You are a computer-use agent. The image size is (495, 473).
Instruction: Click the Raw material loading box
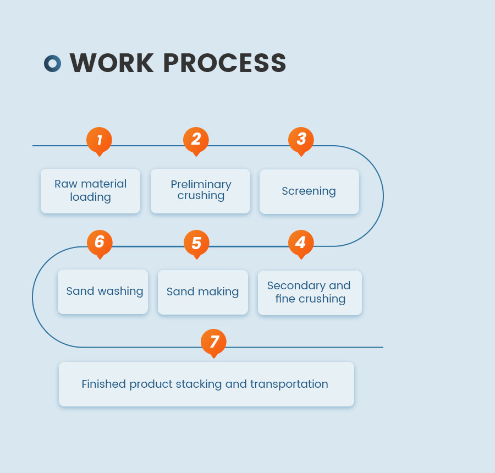pos(90,191)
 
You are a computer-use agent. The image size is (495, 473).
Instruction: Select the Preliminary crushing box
pos(200,191)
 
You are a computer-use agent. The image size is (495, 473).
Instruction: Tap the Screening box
pos(309,191)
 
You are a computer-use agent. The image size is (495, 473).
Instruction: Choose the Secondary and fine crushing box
pos(310,293)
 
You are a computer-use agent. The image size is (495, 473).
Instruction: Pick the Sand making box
pos(203,292)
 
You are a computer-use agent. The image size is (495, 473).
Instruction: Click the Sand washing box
pos(103,291)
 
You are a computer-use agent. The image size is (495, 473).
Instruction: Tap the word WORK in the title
pos(112,63)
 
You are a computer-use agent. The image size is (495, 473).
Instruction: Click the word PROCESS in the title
pos(224,63)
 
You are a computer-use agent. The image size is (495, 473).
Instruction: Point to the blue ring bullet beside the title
pos(52,63)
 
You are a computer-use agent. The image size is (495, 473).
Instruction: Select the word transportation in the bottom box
pos(289,384)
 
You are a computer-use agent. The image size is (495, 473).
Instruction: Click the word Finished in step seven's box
pos(104,384)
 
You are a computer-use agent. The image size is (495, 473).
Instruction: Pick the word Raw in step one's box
pos(65,184)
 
